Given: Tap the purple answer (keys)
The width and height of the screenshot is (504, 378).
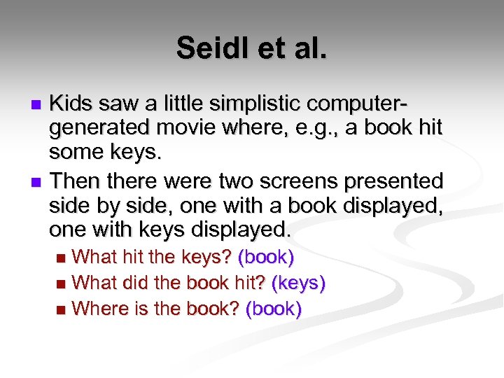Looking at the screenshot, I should click(298, 283).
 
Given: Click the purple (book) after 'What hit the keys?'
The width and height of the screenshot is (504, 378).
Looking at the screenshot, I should click(266, 257).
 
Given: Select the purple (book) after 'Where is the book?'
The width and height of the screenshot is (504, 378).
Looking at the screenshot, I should click(274, 309).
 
